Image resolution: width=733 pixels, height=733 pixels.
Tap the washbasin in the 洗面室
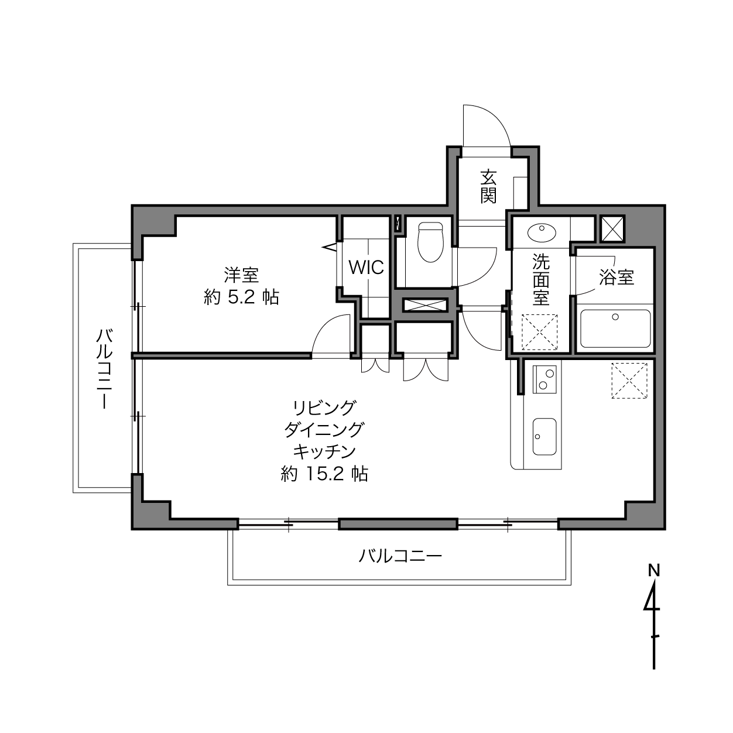pyautogui.click(x=542, y=232)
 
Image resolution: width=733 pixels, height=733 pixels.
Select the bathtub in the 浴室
pyautogui.click(x=615, y=328)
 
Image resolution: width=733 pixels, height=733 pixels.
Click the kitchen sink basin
pyautogui.click(x=544, y=436)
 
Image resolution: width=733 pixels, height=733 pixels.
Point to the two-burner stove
pyautogui.click(x=544, y=379)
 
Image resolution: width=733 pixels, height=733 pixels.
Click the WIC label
pyautogui.click(x=366, y=268)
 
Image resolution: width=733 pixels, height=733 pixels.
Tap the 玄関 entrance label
pyautogui.click(x=488, y=186)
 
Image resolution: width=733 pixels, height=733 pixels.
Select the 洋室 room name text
pyautogui.click(x=241, y=275)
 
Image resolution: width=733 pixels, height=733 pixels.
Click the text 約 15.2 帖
pyautogui.click(x=324, y=474)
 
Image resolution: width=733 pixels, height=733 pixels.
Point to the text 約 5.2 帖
pyautogui.click(x=242, y=297)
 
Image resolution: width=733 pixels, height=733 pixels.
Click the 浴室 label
pyautogui.click(x=616, y=277)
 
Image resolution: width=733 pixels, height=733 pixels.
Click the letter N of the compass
pyautogui.click(x=653, y=570)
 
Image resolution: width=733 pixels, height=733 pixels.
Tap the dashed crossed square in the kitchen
pyautogui.click(x=629, y=381)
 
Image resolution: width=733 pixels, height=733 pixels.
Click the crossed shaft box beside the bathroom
pyautogui.click(x=612, y=228)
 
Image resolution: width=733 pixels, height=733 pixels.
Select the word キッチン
pyautogui.click(x=324, y=452)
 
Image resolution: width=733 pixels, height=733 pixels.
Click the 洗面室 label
pyautogui.click(x=540, y=280)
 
